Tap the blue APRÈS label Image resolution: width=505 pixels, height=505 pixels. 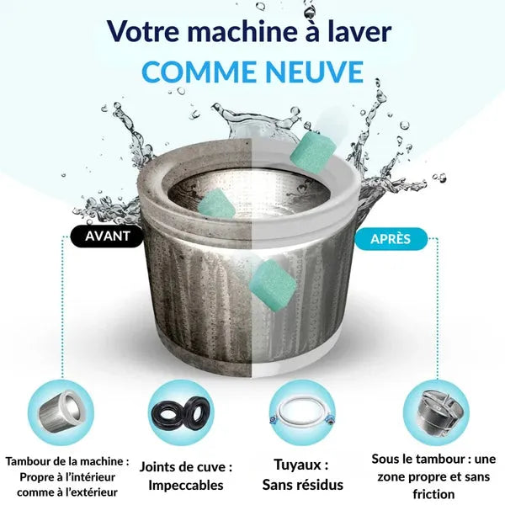(x=391, y=239)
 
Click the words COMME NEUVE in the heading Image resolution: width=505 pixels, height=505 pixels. (x=252, y=71)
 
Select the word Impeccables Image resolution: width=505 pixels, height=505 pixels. (x=185, y=484)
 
